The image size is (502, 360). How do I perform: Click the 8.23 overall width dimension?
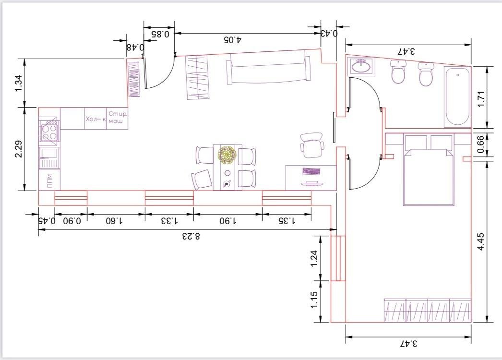pos(191,236)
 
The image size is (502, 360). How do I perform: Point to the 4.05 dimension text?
pos(233,40)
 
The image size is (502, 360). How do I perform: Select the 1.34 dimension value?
pos(19,83)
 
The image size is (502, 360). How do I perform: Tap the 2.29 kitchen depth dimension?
pos(19,149)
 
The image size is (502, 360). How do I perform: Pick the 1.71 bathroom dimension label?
pos(481,99)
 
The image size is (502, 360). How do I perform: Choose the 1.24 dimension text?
pos(314,258)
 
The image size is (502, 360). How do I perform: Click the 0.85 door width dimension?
pos(160,33)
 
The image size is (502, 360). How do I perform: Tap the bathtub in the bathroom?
pos(457,97)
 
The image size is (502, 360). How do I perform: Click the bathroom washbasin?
pos(361,67)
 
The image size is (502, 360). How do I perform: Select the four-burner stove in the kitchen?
pos(49,131)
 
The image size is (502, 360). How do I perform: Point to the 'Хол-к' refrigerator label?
pos(96,119)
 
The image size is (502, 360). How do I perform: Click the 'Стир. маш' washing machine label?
pos(118,117)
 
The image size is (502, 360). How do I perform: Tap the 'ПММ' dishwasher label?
pos(49,181)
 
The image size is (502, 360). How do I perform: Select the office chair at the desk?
pos(312,145)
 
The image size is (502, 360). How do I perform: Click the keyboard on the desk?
pos(311,171)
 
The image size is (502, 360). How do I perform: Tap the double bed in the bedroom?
pos(429,170)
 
